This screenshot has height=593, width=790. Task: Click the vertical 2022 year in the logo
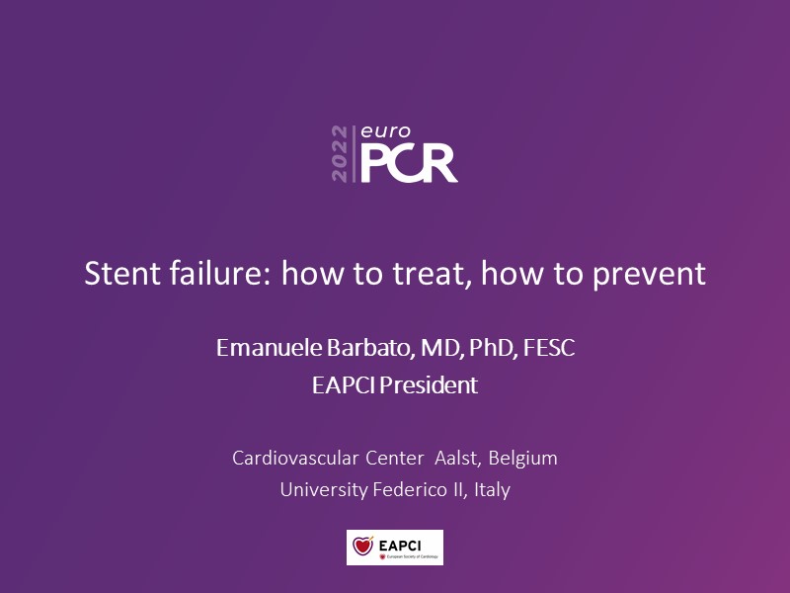[340, 154]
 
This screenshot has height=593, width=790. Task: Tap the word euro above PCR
[385, 132]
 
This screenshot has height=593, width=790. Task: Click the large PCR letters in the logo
[409, 162]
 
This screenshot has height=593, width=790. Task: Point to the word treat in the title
[433, 274]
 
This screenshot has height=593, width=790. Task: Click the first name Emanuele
[269, 348]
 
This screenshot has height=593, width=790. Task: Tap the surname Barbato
[371, 348]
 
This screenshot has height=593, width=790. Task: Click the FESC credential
[549, 348]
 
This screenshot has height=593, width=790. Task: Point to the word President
[429, 385]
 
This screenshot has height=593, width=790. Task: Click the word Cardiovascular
[295, 458]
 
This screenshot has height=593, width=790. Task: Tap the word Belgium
[523, 459]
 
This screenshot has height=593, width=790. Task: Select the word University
[324, 490]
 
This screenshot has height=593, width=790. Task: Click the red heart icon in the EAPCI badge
[362, 546]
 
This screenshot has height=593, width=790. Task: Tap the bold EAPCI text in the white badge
[400, 546]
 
